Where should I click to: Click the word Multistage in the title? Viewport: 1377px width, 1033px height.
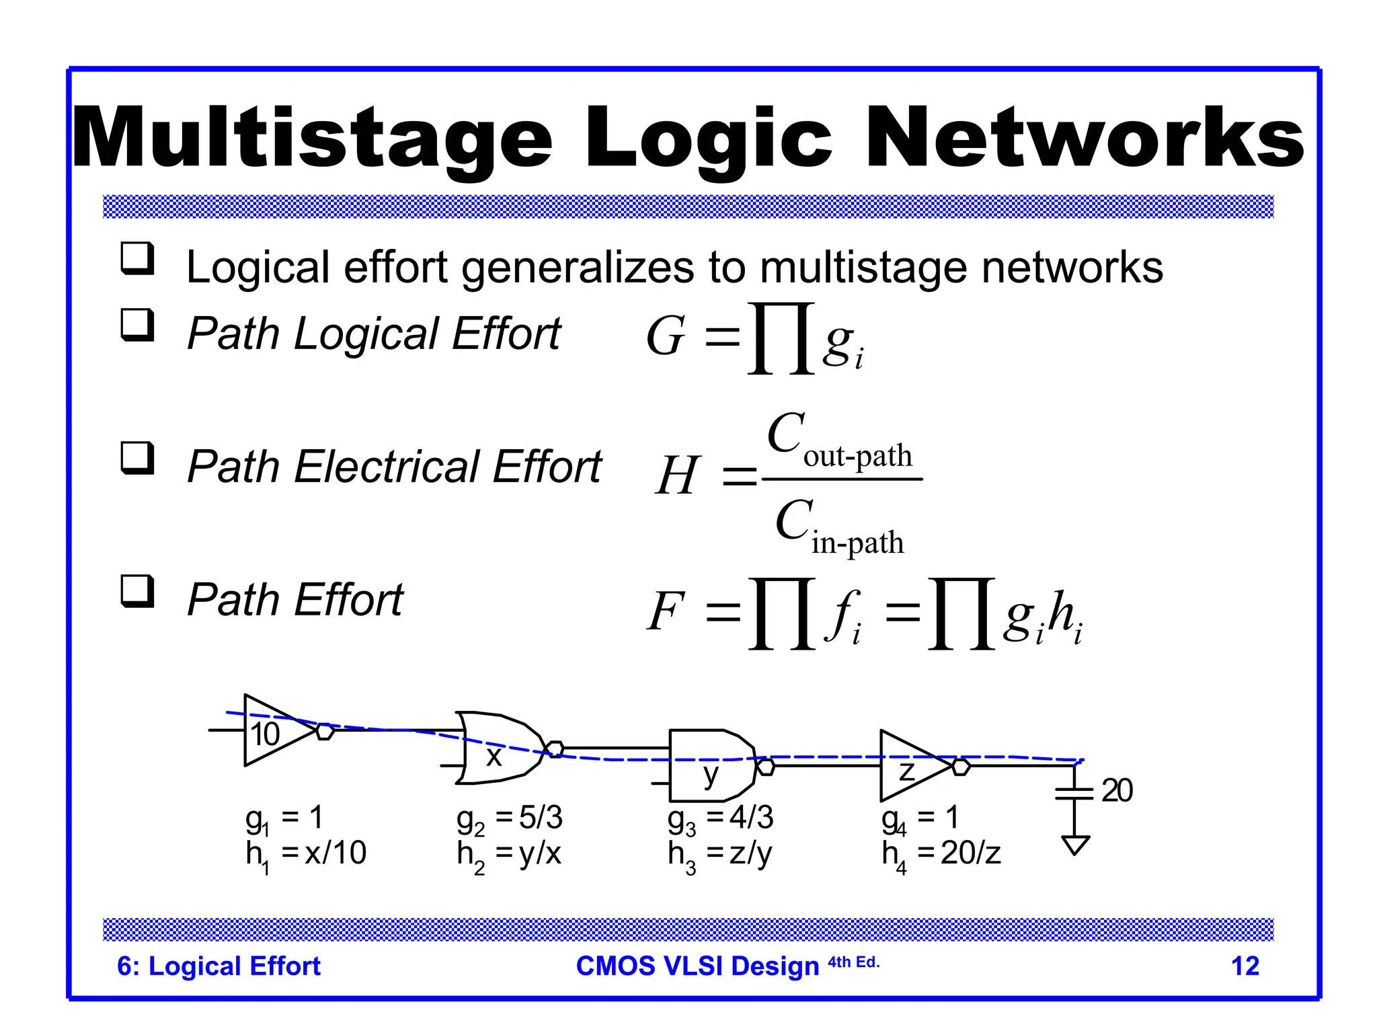pos(312,138)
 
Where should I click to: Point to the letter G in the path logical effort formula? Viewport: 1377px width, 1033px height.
pos(666,336)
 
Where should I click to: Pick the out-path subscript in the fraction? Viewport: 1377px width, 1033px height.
pos(857,457)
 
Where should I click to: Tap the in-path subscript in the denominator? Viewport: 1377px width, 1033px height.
pos(857,543)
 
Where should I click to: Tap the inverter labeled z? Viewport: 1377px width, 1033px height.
pos(911,766)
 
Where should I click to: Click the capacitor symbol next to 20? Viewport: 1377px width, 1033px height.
pos(1074,793)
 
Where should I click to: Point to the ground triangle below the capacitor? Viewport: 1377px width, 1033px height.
pos(1074,844)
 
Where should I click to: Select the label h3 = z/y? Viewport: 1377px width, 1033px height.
pos(720,855)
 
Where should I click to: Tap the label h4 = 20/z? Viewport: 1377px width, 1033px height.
pos(941,855)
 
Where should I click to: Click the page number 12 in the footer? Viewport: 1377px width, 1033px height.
pos(1245,966)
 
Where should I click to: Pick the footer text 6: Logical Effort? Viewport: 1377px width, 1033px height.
pos(219,966)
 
